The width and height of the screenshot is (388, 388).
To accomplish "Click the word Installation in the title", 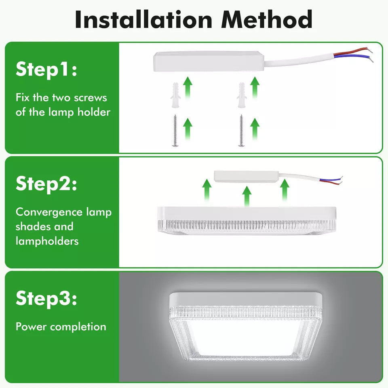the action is pyautogui.click(x=143, y=19).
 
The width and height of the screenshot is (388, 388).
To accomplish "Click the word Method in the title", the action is pyautogui.click(x=267, y=19).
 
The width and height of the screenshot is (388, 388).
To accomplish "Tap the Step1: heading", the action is pyautogui.click(x=46, y=70).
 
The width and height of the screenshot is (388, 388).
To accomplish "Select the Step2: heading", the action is pyautogui.click(x=46, y=184).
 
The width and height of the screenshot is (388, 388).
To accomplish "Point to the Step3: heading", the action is pyautogui.click(x=46, y=298).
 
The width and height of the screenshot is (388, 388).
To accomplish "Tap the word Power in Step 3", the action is pyautogui.click(x=31, y=327).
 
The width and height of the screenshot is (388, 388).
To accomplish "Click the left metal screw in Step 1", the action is pyautogui.click(x=175, y=131).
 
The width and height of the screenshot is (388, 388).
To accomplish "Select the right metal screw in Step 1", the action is pyautogui.click(x=241, y=131).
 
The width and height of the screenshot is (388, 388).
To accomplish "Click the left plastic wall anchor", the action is pyautogui.click(x=175, y=95).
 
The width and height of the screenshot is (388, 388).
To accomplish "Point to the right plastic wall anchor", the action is pyautogui.click(x=242, y=95).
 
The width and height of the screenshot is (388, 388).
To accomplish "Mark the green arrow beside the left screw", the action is pyautogui.click(x=188, y=129).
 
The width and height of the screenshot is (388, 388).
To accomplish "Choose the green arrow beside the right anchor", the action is pyautogui.click(x=255, y=88).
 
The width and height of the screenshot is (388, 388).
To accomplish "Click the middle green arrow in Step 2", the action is pyautogui.click(x=247, y=196).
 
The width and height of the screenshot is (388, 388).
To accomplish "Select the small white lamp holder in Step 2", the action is pyautogui.click(x=247, y=177).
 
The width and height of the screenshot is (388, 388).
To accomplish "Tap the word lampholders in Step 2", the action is pyautogui.click(x=47, y=241).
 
